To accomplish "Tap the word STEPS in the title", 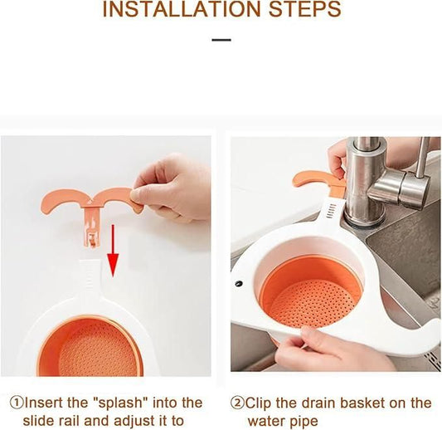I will (x=298, y=11).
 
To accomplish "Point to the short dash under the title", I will (x=221, y=40).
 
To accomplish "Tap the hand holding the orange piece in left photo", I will (x=174, y=187).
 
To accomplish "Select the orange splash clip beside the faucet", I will (x=319, y=181).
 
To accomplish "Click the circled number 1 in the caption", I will (x=16, y=403).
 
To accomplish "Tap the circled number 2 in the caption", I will (x=237, y=403).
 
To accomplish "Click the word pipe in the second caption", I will (x=300, y=422).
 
